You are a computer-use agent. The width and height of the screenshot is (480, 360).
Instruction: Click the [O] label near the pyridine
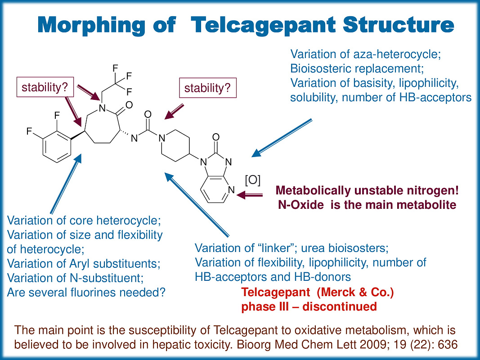click(x=252, y=180)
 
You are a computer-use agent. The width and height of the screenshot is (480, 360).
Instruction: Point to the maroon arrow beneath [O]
click(x=252, y=195)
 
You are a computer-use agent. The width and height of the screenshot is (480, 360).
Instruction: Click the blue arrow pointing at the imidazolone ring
click(x=281, y=138)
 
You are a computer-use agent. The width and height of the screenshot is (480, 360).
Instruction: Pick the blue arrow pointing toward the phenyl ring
click(x=66, y=184)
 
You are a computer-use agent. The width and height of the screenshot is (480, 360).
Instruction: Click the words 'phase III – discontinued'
click(x=309, y=306)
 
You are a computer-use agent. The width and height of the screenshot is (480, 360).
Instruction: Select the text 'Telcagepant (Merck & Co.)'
click(x=318, y=292)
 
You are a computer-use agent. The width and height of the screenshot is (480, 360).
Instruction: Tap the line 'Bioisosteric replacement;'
click(x=357, y=69)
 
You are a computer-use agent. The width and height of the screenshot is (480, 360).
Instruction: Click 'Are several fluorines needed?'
click(x=86, y=292)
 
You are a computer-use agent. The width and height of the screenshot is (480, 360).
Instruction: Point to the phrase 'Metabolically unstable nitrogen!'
click(x=368, y=191)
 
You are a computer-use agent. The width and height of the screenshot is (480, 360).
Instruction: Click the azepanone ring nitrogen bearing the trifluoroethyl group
click(x=102, y=108)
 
